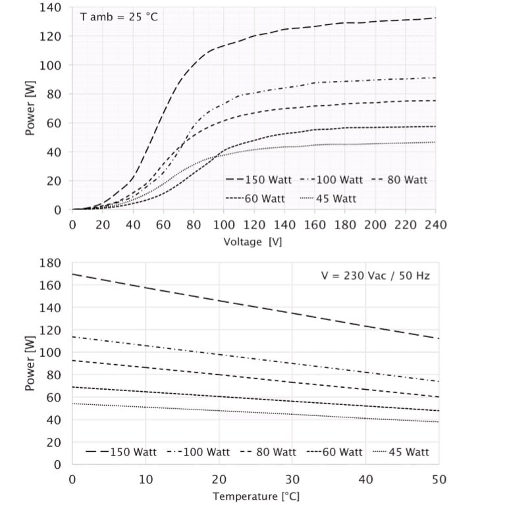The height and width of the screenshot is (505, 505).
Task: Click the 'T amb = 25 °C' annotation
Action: (119, 18)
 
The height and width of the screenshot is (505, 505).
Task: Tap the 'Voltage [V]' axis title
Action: (253, 242)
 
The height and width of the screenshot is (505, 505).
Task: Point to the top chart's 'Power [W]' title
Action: (30, 109)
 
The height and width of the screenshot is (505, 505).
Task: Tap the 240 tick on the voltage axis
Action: (435, 225)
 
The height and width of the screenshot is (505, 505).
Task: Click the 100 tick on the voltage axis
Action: (223, 225)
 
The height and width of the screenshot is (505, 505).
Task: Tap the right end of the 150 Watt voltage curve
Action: (435, 18)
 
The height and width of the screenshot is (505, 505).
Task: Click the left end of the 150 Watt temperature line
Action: (72, 274)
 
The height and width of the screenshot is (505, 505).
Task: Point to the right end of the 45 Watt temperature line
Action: (439, 421)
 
